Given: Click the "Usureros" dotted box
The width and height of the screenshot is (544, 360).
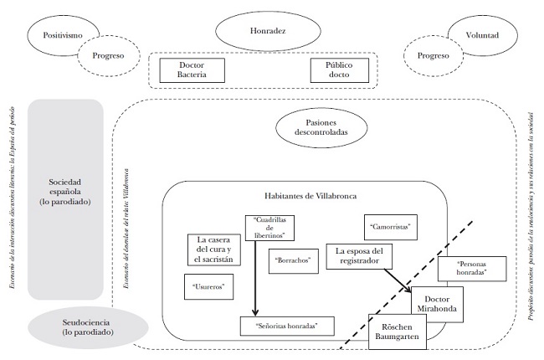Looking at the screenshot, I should coord(208,287).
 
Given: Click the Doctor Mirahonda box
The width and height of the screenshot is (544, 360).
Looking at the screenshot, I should coord(438,306).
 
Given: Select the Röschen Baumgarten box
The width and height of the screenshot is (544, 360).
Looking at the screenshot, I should coord(405,331).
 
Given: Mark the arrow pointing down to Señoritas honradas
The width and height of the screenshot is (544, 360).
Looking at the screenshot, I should coord(254,276).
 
